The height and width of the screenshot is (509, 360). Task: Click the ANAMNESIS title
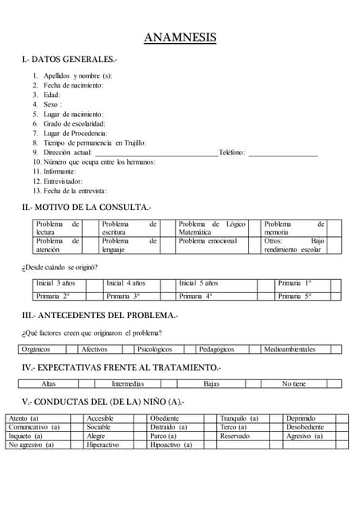click(x=180, y=37)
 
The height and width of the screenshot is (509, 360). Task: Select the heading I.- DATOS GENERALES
click(x=69, y=60)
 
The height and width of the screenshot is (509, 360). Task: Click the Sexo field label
click(x=52, y=104)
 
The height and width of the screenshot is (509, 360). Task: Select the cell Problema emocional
click(x=207, y=240)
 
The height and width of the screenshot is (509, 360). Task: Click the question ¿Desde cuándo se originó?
click(x=60, y=266)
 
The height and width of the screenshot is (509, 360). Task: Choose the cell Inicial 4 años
click(x=126, y=283)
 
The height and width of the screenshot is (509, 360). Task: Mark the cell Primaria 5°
click(x=295, y=296)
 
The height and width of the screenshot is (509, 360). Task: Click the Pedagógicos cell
click(x=216, y=349)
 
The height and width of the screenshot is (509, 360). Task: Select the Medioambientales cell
click(x=289, y=349)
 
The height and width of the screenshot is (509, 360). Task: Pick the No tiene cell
click(x=293, y=383)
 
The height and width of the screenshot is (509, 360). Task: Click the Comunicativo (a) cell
click(x=34, y=427)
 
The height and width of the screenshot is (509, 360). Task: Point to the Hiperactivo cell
click(x=103, y=445)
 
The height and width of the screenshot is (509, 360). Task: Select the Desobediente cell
click(x=305, y=427)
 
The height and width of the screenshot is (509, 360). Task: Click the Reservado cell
click(x=234, y=436)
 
